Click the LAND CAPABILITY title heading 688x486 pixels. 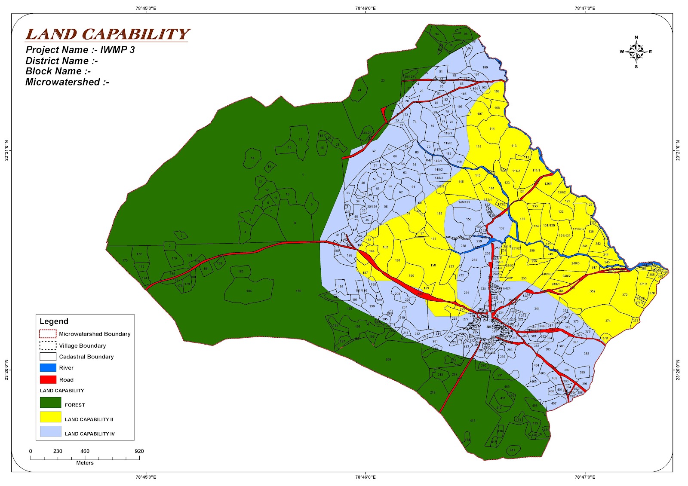[x=107, y=34]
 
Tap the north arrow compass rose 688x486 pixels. [x=636, y=52]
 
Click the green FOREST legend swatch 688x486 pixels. [x=50, y=403]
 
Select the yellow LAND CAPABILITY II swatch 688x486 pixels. [x=50, y=417]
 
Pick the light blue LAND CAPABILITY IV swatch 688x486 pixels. [x=50, y=431]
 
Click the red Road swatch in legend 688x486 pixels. [x=48, y=379]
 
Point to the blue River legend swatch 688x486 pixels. [x=48, y=368]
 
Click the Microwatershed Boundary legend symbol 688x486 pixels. [x=48, y=334]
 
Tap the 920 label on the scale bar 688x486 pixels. [x=139, y=451]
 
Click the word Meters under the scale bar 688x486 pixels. [x=85, y=463]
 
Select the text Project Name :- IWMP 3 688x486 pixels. [x=80, y=50]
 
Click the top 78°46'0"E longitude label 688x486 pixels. [x=365, y=8]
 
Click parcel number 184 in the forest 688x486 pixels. [x=249, y=291]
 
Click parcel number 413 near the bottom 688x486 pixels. [x=473, y=421]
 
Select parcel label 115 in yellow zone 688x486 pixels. [x=479, y=147]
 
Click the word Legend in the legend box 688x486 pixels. [x=54, y=321]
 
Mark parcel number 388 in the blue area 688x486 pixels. [x=586, y=354]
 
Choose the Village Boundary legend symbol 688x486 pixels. [x=48, y=345]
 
